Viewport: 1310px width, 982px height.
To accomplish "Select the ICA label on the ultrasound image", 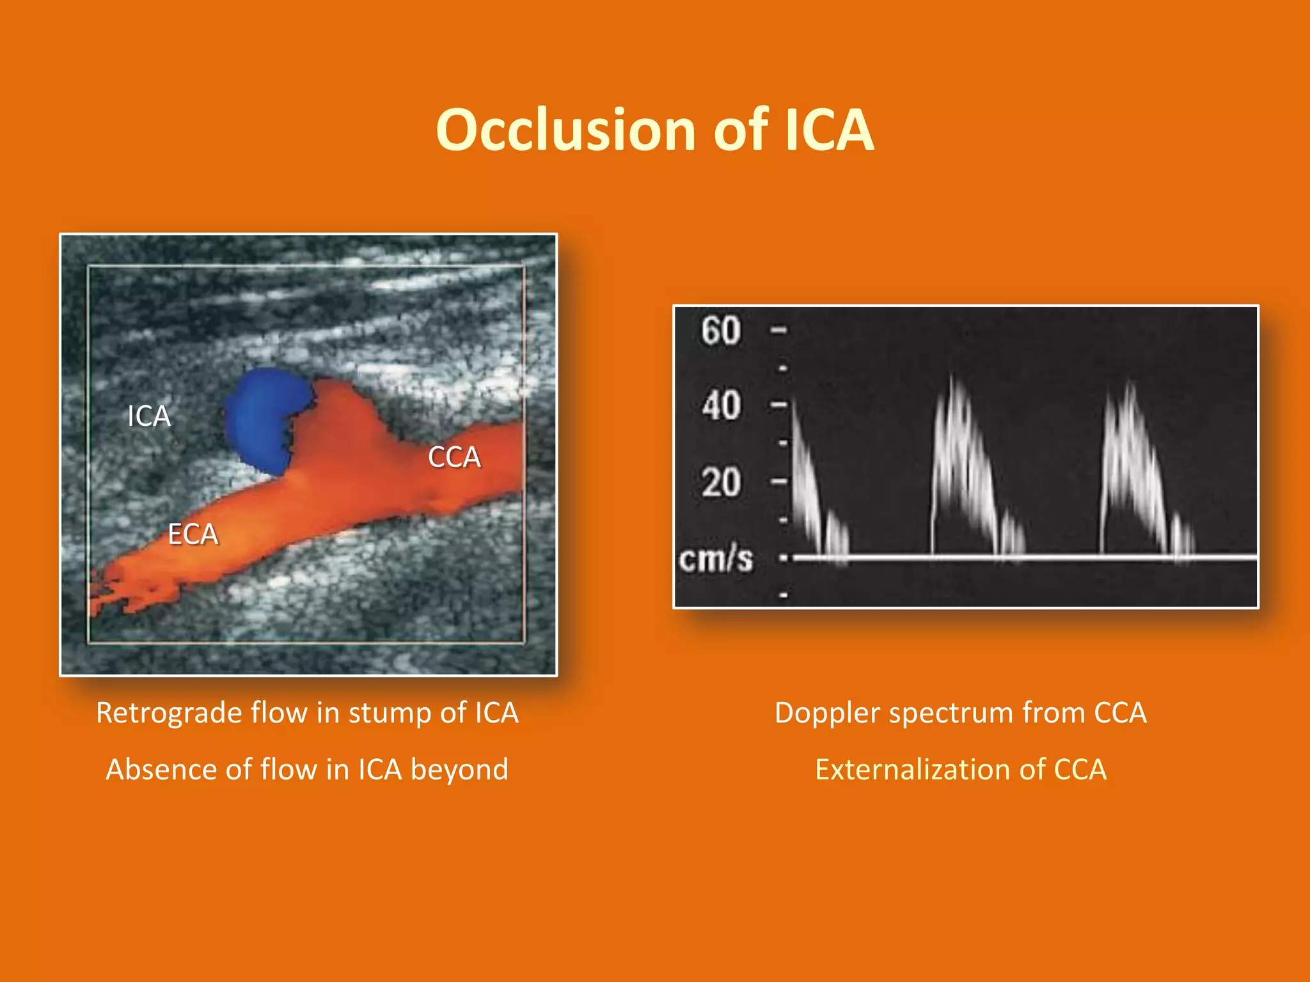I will tap(148, 416).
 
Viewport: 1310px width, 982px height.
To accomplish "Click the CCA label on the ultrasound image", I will tap(454, 457).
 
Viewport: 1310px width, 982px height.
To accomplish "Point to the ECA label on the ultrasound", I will tap(193, 534).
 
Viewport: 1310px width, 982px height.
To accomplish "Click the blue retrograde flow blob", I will tap(262, 419).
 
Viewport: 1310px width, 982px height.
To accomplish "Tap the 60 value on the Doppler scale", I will tap(721, 331).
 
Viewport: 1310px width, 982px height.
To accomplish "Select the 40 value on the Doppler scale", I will tap(721, 405).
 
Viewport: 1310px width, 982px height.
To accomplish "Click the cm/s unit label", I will tap(716, 559).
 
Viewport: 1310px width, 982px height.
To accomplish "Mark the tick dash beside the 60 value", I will tap(778, 331).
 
